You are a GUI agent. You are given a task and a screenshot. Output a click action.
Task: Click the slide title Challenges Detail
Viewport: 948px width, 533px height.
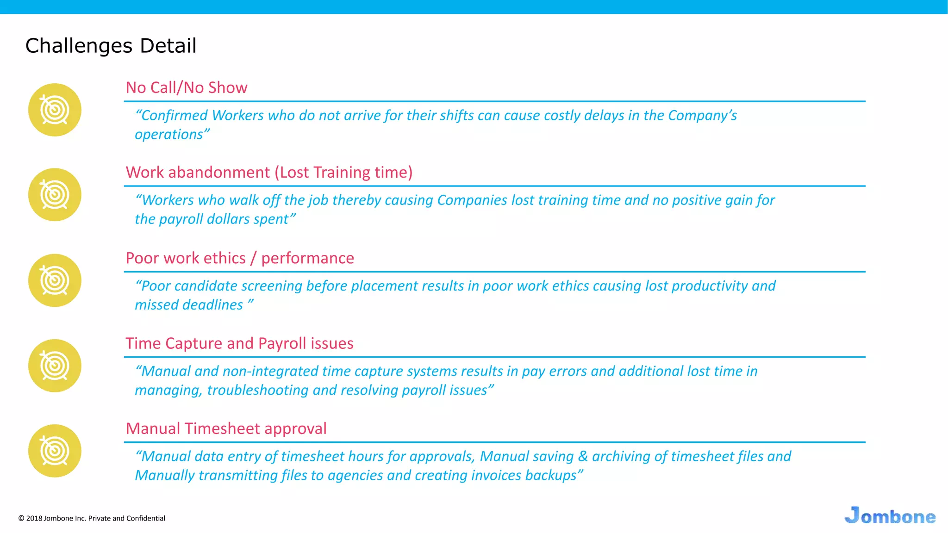(x=111, y=46)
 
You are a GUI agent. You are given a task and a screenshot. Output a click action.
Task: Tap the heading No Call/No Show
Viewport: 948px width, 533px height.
(x=187, y=87)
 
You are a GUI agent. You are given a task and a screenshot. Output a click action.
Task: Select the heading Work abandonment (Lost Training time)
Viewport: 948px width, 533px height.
(x=269, y=172)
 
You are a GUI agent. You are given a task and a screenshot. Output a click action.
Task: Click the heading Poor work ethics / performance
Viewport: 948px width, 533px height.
(x=240, y=258)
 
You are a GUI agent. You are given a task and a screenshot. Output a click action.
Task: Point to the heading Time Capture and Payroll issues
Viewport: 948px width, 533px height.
(x=239, y=343)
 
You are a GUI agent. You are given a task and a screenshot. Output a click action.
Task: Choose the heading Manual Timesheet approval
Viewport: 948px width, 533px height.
(x=226, y=428)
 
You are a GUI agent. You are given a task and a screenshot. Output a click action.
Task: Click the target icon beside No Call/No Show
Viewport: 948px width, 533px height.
(x=55, y=110)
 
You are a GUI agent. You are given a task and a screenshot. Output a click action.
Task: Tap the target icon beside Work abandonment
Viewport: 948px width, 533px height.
(x=55, y=195)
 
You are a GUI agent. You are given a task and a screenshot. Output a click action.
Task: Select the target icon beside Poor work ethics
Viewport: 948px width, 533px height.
(x=55, y=280)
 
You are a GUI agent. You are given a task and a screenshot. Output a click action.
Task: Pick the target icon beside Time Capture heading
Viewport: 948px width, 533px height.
(x=55, y=366)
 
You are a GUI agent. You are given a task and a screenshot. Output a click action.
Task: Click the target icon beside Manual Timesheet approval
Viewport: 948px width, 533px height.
(x=55, y=451)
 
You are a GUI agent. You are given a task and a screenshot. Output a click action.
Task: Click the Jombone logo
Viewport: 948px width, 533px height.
(x=890, y=515)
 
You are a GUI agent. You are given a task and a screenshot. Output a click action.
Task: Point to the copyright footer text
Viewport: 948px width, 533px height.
(x=92, y=518)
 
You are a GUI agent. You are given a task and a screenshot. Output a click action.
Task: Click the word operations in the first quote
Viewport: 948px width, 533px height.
(x=169, y=135)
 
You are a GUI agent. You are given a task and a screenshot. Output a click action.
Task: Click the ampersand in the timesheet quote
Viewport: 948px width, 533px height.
(x=583, y=457)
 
